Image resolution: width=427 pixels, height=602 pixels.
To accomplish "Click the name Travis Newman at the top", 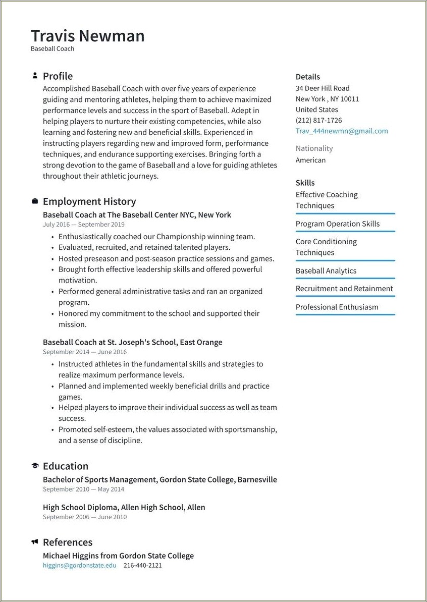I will [88, 36].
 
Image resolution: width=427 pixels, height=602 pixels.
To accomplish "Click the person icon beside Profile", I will [35, 76].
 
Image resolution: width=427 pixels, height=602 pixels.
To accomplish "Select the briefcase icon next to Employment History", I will [35, 201].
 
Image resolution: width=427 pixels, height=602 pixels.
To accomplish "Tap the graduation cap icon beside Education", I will [35, 466].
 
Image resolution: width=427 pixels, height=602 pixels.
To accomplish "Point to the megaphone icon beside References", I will [35, 542].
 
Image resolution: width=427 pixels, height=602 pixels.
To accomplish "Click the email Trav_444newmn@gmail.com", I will [342, 131].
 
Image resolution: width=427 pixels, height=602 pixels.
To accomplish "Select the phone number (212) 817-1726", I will [318, 120].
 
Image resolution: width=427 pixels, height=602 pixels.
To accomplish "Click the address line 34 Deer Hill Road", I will [323, 88].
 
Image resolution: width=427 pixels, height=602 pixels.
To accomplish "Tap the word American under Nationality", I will [310, 160].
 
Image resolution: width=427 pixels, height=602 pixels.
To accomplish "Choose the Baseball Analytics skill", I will [326, 270].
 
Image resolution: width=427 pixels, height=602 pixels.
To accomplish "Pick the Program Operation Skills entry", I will [337, 224].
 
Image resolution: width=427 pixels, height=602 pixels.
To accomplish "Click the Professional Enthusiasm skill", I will [337, 307].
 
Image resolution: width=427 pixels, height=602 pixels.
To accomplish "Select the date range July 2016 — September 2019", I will [83, 225].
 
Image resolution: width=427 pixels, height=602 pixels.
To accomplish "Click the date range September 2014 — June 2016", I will [85, 352].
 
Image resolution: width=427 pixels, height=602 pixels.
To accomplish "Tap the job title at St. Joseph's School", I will [132, 342].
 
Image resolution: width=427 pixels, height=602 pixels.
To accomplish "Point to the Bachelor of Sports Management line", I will [159, 479].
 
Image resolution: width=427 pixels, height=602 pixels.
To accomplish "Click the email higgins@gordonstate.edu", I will [79, 565].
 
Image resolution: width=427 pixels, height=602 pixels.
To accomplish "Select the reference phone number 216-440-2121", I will [142, 565].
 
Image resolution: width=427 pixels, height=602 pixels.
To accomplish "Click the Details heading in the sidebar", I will [307, 77].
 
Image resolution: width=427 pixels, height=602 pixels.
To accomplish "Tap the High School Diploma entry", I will [124, 507].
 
